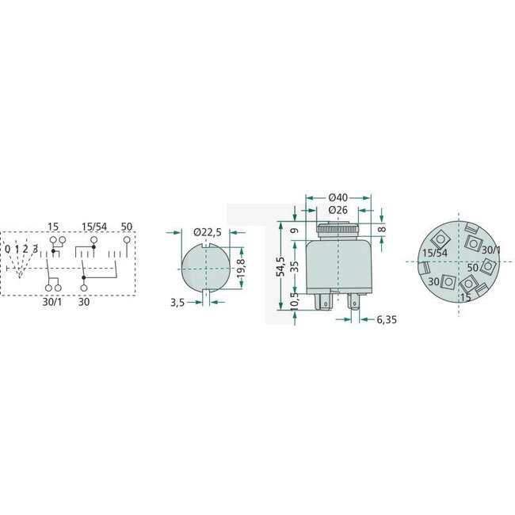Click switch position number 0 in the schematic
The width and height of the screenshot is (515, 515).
(x=7, y=249)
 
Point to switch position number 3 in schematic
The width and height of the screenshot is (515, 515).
(x=35, y=249)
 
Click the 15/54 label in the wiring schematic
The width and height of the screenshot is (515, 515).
(x=94, y=227)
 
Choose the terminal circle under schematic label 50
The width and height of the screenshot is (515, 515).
(x=126, y=239)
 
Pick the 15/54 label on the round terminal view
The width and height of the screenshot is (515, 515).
(x=434, y=252)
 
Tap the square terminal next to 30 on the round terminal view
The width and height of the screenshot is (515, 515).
(x=449, y=281)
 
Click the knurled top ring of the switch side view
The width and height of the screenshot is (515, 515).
(x=338, y=229)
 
